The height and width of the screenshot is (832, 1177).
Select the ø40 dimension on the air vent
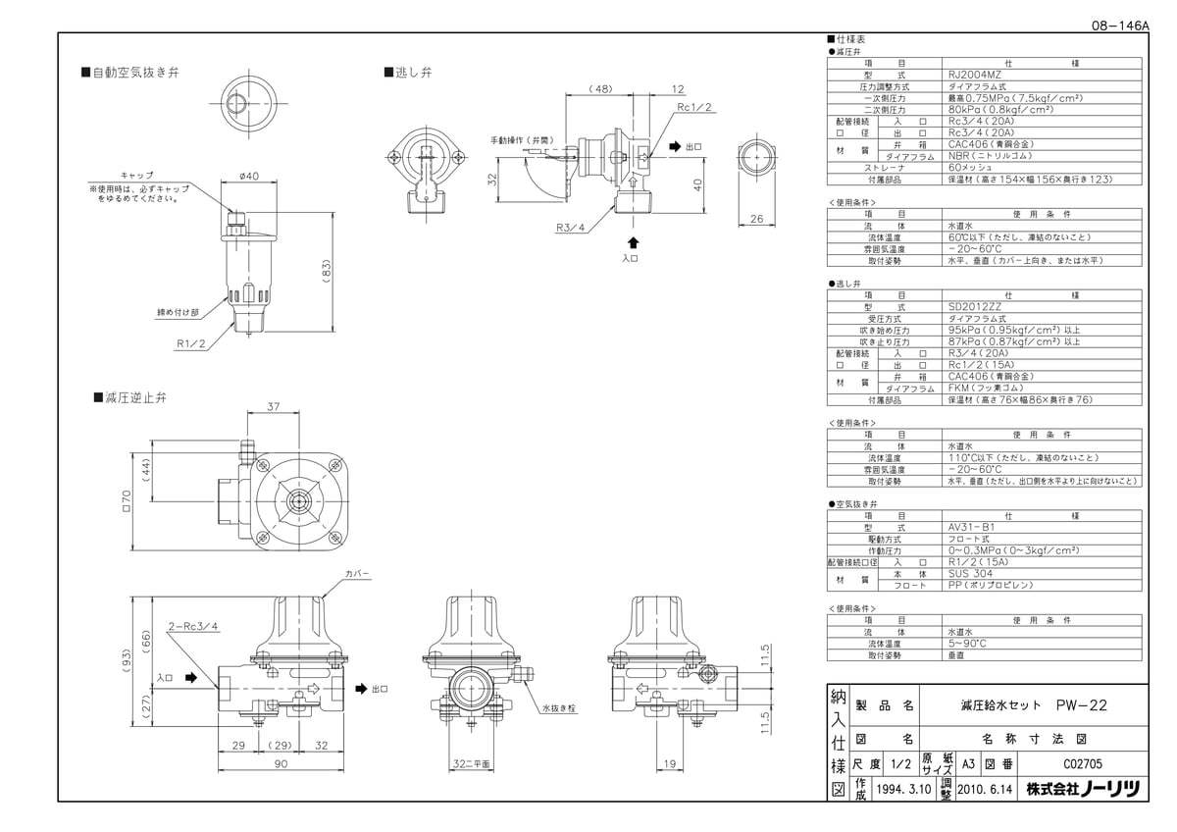[247, 177]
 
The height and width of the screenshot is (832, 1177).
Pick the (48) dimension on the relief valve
[600, 88]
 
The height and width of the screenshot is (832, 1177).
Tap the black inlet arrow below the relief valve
[634, 241]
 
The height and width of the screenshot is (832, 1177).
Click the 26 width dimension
[755, 219]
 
